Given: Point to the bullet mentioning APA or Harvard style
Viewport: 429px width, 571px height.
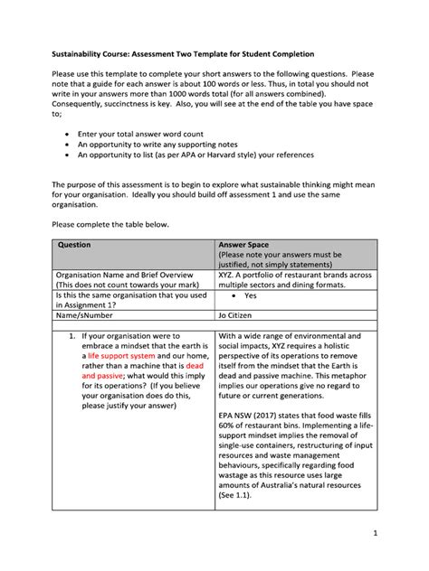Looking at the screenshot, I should (x=200, y=154).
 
